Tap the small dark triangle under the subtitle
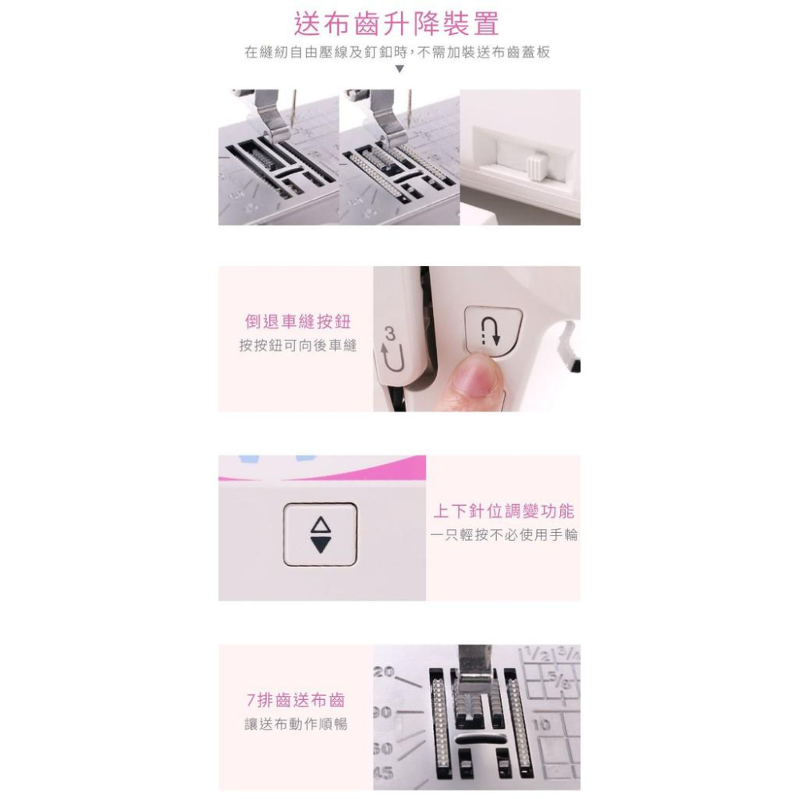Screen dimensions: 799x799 pos(399,69)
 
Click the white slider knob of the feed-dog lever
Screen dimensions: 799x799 pos(537,168)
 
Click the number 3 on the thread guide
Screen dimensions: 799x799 pos(390,335)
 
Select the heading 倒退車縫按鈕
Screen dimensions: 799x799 pos(297,322)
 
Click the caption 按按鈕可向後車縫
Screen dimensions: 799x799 pos(297,345)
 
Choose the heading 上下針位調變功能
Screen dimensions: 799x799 pos(503,511)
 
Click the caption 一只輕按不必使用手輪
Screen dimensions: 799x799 pos(504,535)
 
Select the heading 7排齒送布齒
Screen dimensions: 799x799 pos(296,700)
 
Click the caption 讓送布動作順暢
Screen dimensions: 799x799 pos(296,724)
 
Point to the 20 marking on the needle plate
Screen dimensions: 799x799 pos(384,672)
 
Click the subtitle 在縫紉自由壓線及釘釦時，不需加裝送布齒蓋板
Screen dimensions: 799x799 pos(397,52)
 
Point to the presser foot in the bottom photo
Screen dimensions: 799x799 pos(474,673)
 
